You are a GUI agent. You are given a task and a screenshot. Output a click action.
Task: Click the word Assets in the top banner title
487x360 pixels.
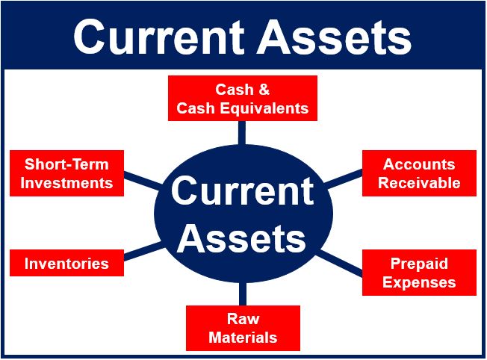tap(334, 37)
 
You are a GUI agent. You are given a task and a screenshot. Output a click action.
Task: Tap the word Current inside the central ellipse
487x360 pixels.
tap(242, 190)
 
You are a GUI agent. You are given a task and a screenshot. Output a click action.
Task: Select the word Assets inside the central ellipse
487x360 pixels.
tap(242, 238)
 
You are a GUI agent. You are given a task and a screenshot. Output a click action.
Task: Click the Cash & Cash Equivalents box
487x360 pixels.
tap(243, 98)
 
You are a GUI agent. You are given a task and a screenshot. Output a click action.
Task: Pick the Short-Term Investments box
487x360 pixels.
tap(66, 173)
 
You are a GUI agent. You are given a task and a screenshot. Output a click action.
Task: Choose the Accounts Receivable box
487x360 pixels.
tap(419, 173)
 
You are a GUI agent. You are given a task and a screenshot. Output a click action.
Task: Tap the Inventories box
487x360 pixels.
tap(66, 263)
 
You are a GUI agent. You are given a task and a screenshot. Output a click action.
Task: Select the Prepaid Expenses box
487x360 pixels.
tap(419, 273)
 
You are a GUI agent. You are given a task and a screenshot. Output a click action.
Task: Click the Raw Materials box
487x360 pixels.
tap(243, 328)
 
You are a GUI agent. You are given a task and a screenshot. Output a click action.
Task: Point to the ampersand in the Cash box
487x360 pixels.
tap(264, 90)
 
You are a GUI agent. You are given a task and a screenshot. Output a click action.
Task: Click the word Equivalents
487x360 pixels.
tap(262, 109)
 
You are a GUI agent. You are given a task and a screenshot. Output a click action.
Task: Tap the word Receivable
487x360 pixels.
tap(419, 183)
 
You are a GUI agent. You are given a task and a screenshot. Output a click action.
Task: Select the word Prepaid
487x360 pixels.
tap(419, 264)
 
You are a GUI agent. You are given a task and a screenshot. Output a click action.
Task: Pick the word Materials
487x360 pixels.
tap(243, 338)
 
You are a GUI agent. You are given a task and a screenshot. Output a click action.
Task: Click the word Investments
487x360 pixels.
tap(66, 183)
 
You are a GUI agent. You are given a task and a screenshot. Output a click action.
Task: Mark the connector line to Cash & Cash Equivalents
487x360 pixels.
tap(242, 133)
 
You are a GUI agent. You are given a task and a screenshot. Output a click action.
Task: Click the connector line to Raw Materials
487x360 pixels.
tap(243, 294)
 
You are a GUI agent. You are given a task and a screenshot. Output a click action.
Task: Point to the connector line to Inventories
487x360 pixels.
tap(143, 252)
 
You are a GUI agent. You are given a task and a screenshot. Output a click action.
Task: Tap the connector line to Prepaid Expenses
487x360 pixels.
tap(339, 263)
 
